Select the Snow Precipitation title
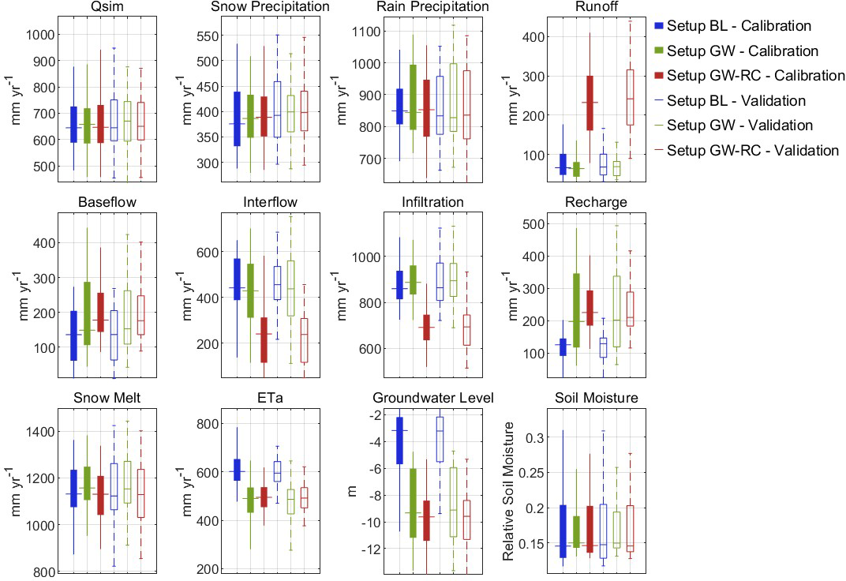(270, 7)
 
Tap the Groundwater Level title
(432, 398)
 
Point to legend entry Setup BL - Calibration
(738, 26)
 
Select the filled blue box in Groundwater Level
(399, 440)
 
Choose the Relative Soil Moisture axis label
(509, 491)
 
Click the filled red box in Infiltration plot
(427, 327)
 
